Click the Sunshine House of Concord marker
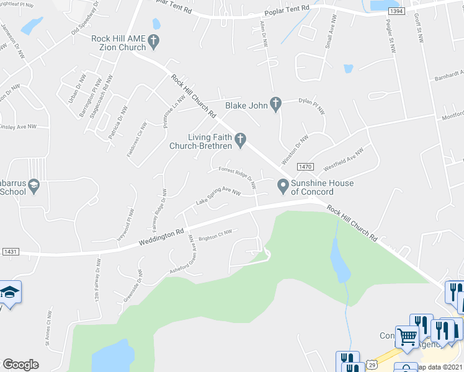(x=283, y=184)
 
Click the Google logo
(x=20, y=365)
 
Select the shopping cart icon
(x=407, y=337)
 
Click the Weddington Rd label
(x=161, y=236)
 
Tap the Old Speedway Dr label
(x=85, y=21)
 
